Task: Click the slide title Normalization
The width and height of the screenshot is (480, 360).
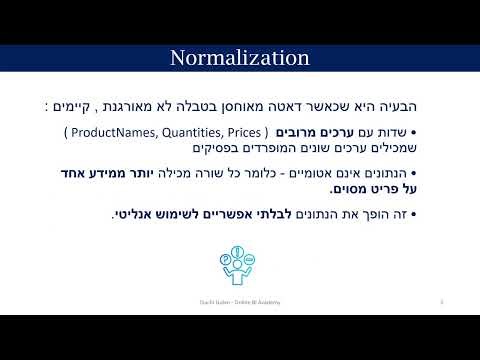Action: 239,56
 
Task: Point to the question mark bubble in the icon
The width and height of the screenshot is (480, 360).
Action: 227,257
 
